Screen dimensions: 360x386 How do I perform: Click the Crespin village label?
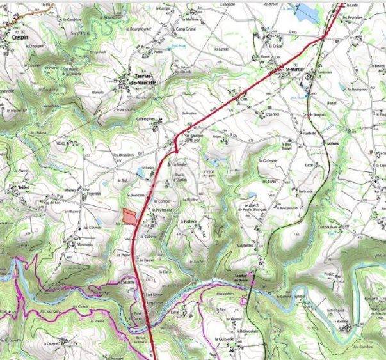19,37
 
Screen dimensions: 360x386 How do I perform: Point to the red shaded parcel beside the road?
129,216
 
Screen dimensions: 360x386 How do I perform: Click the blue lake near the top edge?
305,11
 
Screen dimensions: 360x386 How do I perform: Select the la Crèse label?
276,46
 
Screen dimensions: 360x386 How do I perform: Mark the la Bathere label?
190,221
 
